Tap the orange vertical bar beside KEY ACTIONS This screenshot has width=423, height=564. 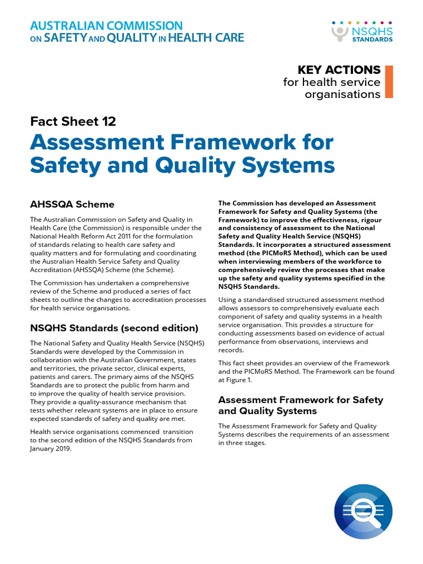[x=389, y=82]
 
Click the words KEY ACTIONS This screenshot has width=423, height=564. [x=339, y=70]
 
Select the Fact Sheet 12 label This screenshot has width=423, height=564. [x=73, y=121]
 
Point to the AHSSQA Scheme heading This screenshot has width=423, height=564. [x=72, y=204]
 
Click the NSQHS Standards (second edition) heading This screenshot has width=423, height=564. [x=114, y=328]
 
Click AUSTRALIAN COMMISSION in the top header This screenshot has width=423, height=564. [x=106, y=26]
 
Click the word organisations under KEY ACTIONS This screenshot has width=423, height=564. [x=343, y=94]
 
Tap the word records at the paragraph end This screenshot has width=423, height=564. [x=231, y=350]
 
